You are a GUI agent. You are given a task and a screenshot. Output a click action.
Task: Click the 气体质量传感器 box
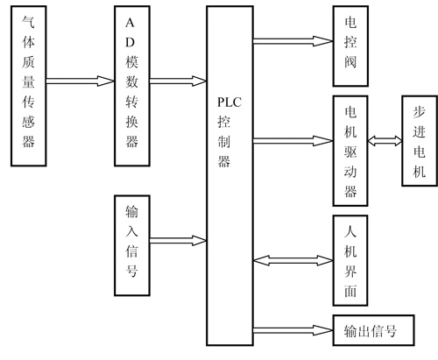point(29,86)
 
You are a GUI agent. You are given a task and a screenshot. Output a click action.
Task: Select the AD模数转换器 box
point(132,86)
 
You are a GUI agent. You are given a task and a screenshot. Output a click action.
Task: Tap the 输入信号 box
point(132,245)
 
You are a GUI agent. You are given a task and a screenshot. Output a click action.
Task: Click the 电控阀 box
point(350,46)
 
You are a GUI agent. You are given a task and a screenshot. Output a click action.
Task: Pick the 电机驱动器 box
point(350,151)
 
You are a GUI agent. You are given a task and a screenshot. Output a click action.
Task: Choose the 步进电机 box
point(420,141)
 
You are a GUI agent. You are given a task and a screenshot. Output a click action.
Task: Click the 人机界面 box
point(350,260)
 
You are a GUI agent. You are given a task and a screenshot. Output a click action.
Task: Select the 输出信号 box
point(373,330)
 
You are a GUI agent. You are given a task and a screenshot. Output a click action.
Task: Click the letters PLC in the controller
point(230,102)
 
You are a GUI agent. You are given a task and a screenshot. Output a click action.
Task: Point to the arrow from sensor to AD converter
point(81,81)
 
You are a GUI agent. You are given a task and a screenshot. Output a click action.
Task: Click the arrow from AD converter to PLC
point(179,81)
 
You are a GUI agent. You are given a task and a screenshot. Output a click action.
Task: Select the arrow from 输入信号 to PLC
point(179,241)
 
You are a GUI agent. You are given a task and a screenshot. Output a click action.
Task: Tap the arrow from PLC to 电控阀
point(293,41)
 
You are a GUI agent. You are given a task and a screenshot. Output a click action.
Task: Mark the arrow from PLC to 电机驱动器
point(293,141)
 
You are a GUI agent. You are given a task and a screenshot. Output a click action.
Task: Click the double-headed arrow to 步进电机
point(385,141)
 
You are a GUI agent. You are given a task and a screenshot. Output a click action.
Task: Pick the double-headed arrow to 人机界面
point(293,260)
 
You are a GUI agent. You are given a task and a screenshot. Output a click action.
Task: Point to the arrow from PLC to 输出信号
point(293,330)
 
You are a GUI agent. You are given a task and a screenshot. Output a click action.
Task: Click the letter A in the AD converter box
point(130,23)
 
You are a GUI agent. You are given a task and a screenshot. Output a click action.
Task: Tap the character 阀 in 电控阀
point(350,61)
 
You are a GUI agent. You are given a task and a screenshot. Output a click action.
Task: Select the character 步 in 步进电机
point(420,111)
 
